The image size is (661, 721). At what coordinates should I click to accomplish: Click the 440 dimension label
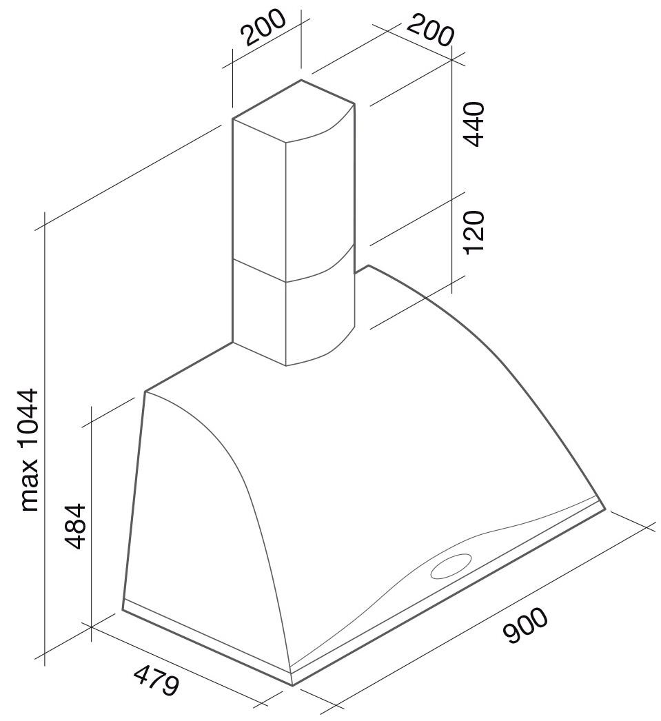point(474,124)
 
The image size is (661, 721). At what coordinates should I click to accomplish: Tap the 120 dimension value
point(474,232)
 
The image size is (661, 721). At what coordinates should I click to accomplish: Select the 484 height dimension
point(75,526)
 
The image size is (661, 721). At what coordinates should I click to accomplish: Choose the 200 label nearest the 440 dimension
point(430,30)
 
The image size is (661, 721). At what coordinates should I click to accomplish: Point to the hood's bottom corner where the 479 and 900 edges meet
point(293,686)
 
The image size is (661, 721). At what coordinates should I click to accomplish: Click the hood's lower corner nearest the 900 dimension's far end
point(604,509)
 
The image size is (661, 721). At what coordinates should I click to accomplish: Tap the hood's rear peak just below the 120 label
point(368,266)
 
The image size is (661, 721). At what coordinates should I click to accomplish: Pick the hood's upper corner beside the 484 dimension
point(145,392)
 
